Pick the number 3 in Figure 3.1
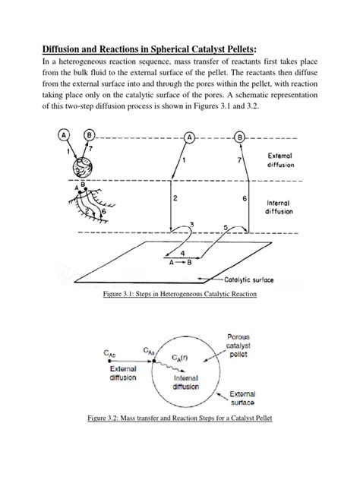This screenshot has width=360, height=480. [x=191, y=223]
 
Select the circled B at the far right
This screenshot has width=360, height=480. [x=241, y=138]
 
